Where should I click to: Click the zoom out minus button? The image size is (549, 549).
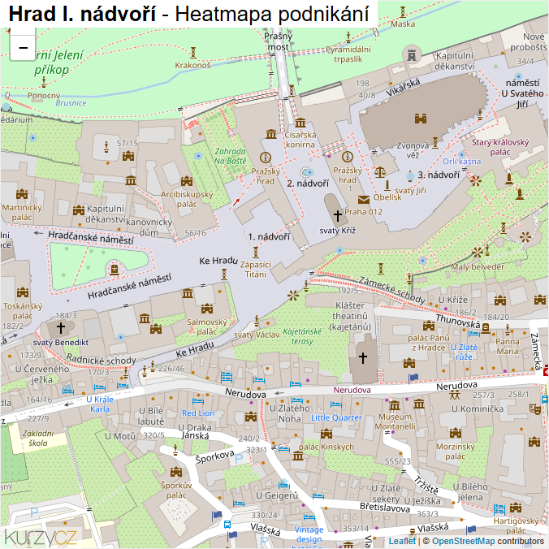point(23,46)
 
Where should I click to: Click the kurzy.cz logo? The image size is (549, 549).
point(41,536)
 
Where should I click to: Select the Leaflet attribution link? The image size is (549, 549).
point(401,541)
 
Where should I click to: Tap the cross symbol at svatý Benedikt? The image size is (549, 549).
point(60,327)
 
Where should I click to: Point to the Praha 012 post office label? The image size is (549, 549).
point(363,212)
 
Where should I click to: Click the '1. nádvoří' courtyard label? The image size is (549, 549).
point(269,237)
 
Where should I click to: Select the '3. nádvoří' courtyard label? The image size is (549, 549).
point(439,175)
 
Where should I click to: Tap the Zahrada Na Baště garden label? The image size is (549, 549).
point(230,156)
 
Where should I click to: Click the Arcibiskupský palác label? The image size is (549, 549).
point(187,199)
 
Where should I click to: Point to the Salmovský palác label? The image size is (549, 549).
point(207,326)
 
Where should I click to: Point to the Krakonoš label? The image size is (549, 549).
point(192,65)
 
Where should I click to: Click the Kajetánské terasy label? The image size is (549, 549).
point(302,336)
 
